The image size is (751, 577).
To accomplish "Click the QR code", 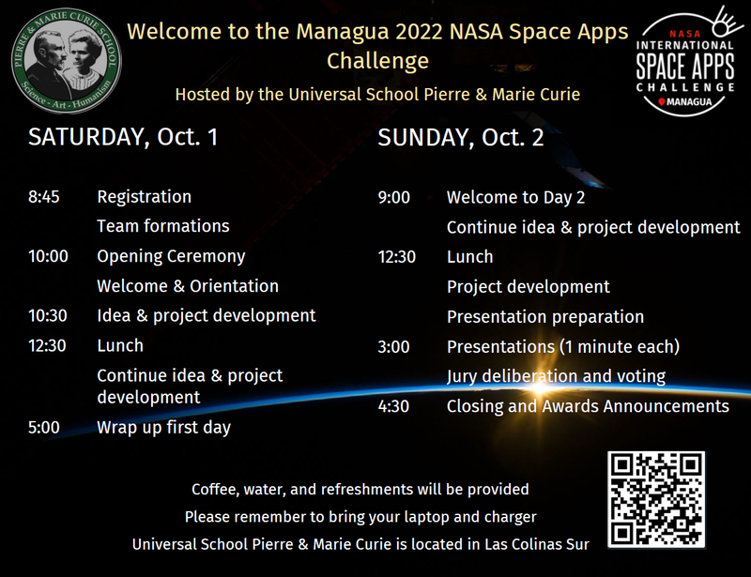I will pos(655,499).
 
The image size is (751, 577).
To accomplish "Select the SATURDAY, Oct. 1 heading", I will pos(123,137).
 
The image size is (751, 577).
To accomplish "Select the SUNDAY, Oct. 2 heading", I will pos(460,138).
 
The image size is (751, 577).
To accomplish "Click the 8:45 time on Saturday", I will pos(44,197).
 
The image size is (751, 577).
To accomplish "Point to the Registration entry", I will pos(144,197).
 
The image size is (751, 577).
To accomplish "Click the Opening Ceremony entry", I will pos(171,256).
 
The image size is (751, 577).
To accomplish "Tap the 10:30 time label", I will pos(48,316).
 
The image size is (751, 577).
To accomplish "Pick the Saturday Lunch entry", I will pos(120,345).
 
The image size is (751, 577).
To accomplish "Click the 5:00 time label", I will pos(44,428).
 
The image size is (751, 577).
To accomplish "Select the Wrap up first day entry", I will pos(163,428).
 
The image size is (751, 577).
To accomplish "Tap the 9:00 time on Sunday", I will pos(393,197).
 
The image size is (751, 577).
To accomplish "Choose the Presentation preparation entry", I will pos(544,317).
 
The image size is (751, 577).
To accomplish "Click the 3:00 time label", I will pos(393,347).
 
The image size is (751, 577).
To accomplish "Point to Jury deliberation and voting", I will pos(556,376).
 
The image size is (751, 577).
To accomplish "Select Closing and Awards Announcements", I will pos(588,406).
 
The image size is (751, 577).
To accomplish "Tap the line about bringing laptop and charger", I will pos(360,517).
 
